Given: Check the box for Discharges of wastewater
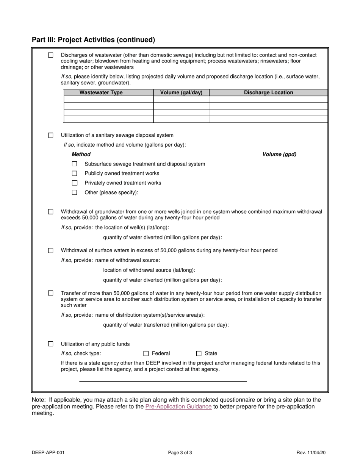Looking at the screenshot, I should pyautogui.click(x=51, y=55).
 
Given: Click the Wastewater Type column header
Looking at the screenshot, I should pyautogui.click(x=101, y=92).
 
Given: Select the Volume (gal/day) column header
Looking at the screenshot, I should pyautogui.click(x=181, y=92).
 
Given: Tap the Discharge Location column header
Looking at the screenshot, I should pyautogui.click(x=268, y=92).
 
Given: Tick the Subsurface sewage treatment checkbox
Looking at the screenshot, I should pyautogui.click(x=75, y=164).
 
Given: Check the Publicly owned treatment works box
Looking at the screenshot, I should pyautogui.click(x=75, y=174).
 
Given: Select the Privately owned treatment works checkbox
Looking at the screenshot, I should pyautogui.click(x=75, y=183).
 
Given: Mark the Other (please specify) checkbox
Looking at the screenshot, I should pyautogui.click(x=75, y=192).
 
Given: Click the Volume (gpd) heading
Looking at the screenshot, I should pyautogui.click(x=279, y=154).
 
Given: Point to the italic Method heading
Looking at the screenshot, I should pyautogui.click(x=81, y=154).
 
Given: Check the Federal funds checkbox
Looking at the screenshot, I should pyautogui.click(x=146, y=353).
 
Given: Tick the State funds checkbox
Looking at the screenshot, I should pyautogui.click(x=199, y=353).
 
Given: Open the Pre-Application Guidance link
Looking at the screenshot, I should pyautogui.click(x=178, y=407).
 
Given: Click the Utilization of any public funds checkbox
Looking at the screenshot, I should pyautogui.click(x=51, y=344).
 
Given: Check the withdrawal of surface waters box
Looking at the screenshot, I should pyautogui.click(x=51, y=250).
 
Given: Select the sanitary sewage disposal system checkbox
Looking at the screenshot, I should pyautogui.click(x=51, y=135).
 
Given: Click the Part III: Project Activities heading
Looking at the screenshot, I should pyautogui.click(x=93, y=40).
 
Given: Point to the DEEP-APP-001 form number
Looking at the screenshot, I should pyautogui.click(x=45, y=452).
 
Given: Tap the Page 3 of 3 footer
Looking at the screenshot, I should pyautogui.click(x=180, y=452).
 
